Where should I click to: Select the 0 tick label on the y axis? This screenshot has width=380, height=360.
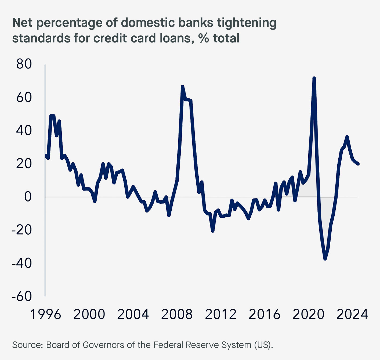coord(28,197)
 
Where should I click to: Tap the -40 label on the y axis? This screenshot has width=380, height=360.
coord(22,263)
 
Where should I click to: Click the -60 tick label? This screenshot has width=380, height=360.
coord(22,297)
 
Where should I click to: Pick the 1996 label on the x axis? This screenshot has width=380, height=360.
coord(45,315)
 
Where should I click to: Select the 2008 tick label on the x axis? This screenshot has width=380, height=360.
coord(177,315)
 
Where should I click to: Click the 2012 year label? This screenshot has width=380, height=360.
coord(220,315)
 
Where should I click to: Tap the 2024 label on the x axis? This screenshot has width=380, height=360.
coord(352,315)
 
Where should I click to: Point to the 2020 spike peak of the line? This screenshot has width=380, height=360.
coord(314,78)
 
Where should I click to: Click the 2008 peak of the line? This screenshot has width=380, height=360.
coord(183,87)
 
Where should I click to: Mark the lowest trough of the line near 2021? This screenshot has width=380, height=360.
coord(325,259)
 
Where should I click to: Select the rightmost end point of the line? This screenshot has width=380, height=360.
coord(358,164)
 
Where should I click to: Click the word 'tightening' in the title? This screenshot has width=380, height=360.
coord(247,23)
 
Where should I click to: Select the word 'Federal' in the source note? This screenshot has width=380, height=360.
coord(170,345)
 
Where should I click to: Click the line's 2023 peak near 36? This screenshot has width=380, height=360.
coord(347,137)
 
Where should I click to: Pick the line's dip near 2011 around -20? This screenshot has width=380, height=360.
coord(213,231)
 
